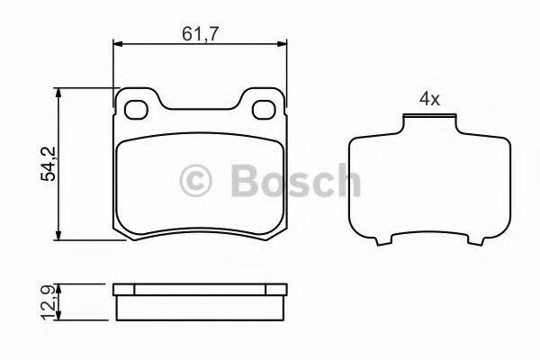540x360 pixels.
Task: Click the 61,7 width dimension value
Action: tap(200, 34)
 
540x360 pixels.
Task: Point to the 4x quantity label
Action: tap(428, 100)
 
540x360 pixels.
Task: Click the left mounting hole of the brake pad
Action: tap(137, 110)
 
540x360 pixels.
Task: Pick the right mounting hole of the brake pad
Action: tap(264, 110)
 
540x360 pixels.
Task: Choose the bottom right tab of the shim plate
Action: tap(467, 242)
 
